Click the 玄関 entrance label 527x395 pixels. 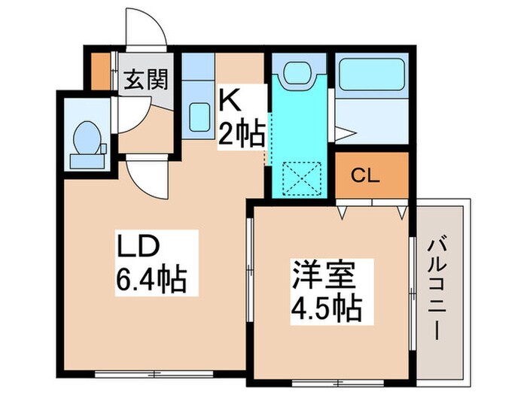coord(145,78)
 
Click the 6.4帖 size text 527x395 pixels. coord(151,282)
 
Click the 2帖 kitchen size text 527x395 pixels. coord(241,134)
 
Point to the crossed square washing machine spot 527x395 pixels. coord(300,179)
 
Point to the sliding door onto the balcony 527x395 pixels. coord(413,290)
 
